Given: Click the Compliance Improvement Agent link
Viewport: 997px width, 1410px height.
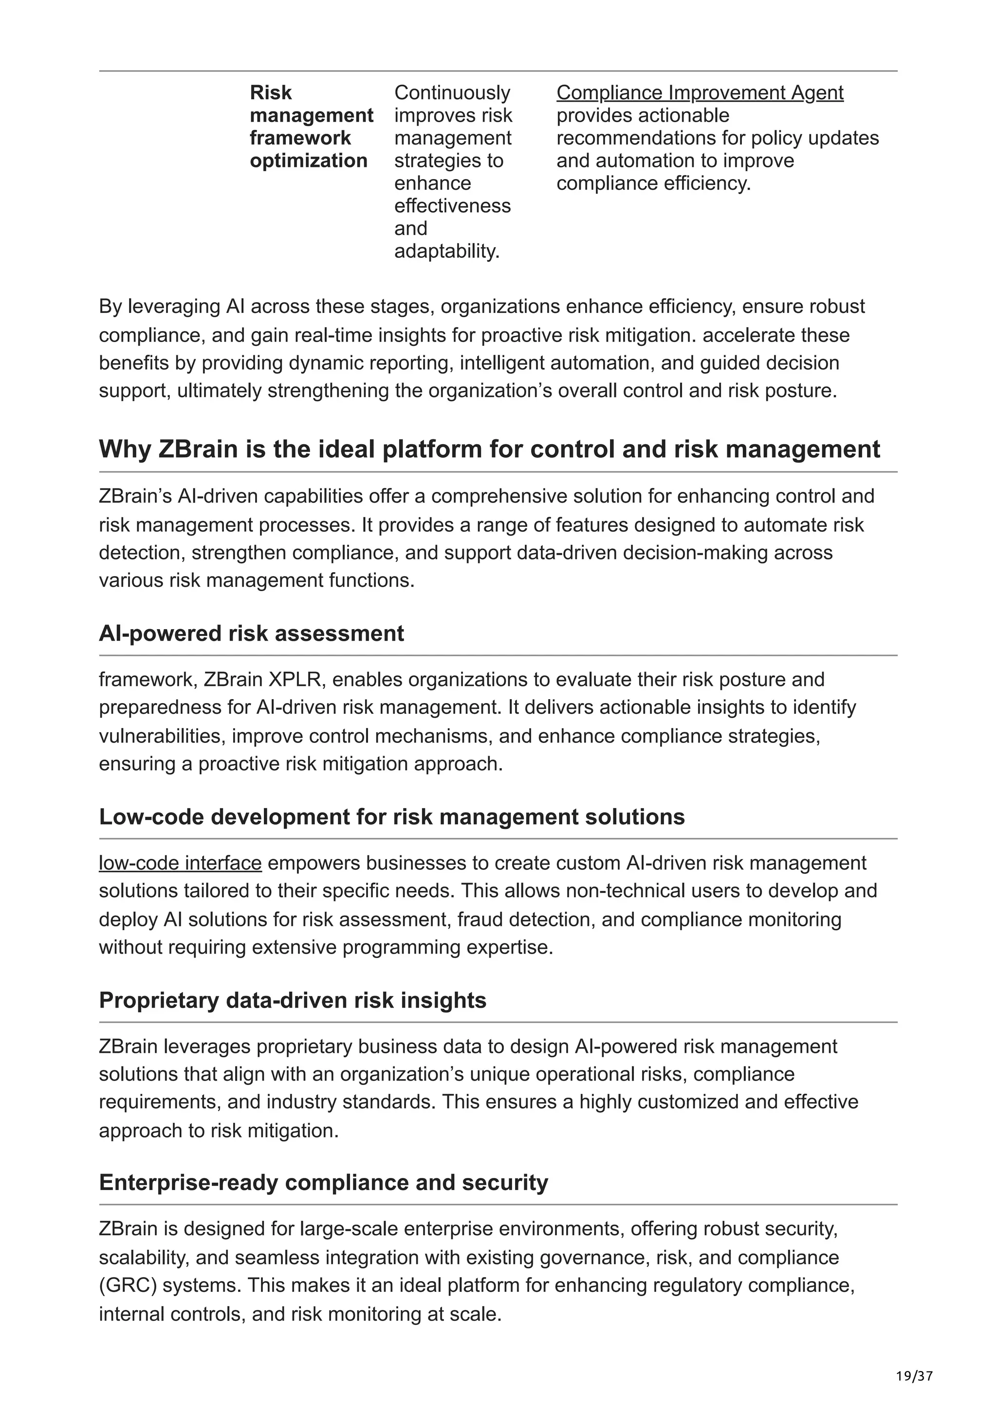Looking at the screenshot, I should pos(699,93).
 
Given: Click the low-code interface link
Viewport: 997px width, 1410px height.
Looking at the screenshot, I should pos(180,863).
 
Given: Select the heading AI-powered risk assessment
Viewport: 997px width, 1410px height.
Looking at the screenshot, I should pos(251,633).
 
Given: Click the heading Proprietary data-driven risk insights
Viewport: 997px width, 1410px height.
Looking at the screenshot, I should pos(293,1000).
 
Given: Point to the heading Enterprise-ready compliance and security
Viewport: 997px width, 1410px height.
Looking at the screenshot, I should pos(323,1182).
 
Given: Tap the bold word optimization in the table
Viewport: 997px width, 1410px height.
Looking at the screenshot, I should pos(308,161).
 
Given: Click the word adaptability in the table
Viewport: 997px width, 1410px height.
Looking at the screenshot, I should pos(445,251).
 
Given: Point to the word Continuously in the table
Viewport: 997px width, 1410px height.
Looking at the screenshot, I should pos(452,93).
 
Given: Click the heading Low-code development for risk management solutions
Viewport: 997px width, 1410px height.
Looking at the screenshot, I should pos(391,817).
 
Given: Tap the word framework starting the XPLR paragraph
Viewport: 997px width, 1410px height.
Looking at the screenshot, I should pos(145,679).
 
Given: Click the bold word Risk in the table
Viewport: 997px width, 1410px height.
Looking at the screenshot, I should pos(270,93).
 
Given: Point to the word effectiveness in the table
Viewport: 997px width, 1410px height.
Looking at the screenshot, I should pos(452,206).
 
